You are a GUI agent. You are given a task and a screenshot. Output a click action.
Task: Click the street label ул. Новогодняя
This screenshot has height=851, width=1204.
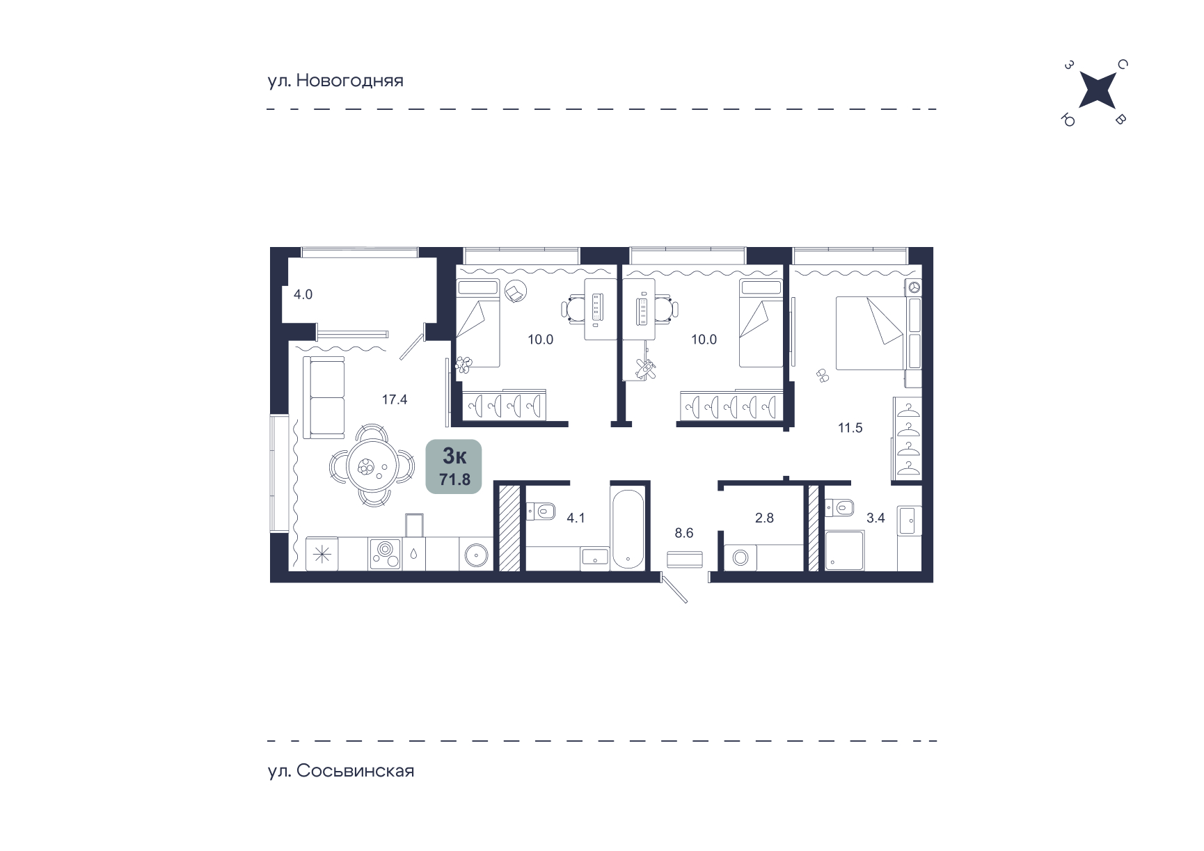tap(335, 81)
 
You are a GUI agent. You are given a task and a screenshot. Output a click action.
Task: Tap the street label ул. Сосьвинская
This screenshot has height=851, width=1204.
tap(341, 771)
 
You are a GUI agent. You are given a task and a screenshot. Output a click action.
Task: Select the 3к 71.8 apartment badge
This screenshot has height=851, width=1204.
tap(454, 466)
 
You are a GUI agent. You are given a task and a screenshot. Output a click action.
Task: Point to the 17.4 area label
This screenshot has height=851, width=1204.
tap(395, 399)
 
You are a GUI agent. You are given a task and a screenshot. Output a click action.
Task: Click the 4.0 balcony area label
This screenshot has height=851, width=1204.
tap(303, 294)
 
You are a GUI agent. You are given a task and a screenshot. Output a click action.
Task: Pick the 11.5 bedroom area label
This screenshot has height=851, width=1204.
tap(850, 428)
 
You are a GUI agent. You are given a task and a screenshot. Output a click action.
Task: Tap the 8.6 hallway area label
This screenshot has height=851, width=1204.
tap(684, 533)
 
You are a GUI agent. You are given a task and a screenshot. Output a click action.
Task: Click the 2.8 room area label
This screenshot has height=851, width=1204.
tap(764, 518)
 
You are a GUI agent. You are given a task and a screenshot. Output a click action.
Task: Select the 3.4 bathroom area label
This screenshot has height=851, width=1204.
tap(876, 518)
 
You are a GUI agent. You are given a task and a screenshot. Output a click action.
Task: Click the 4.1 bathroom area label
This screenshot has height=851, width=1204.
tap(576, 518)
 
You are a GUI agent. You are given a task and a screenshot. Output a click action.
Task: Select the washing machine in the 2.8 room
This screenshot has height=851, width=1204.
tap(740, 557)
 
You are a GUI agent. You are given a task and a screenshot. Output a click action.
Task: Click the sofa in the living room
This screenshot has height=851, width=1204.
tap(324, 397)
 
